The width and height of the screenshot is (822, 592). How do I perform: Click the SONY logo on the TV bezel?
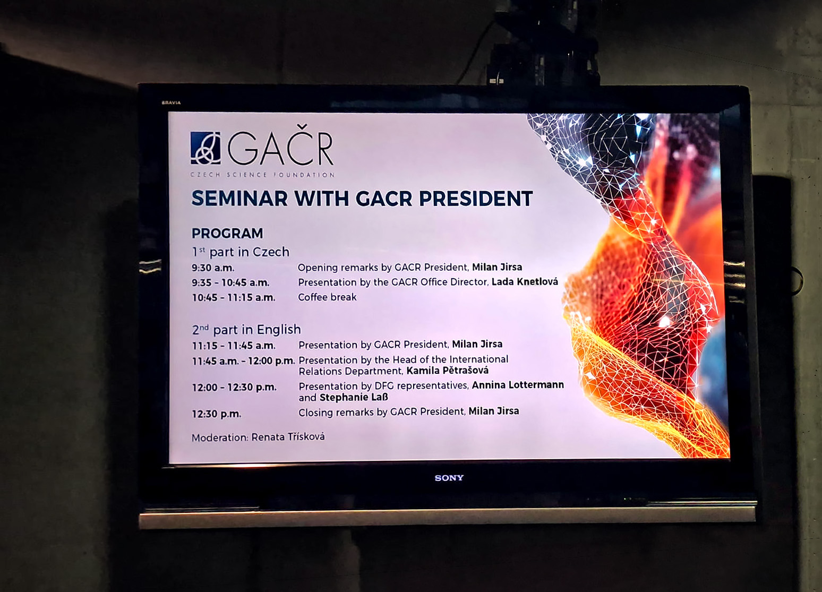click(449, 478)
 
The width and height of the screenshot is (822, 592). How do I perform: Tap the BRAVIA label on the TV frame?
click(171, 102)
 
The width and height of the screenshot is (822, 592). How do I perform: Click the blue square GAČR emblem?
click(206, 148)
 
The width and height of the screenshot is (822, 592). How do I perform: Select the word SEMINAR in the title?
click(239, 199)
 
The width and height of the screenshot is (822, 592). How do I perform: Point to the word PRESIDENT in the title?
click(475, 199)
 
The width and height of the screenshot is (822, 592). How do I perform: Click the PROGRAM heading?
click(227, 233)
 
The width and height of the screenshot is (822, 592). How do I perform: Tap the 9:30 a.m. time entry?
click(213, 268)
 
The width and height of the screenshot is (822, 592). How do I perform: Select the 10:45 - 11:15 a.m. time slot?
click(234, 297)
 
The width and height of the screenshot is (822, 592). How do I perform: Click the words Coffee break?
click(327, 297)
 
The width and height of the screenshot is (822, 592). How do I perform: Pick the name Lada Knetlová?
click(525, 281)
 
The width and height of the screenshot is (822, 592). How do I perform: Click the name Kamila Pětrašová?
click(447, 370)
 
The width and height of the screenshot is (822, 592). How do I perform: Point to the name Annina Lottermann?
click(518, 385)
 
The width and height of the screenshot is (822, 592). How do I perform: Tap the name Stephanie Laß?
click(354, 397)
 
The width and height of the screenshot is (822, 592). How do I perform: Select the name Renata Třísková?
click(288, 437)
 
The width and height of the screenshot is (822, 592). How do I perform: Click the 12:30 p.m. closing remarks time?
click(217, 414)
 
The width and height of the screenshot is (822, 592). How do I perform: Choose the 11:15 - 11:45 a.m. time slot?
click(234, 346)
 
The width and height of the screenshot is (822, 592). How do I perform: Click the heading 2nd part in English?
click(246, 330)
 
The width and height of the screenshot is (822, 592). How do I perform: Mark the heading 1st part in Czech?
click(241, 252)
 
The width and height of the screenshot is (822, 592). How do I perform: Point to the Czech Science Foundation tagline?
click(263, 174)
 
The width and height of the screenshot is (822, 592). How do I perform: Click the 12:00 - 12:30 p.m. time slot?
click(234, 387)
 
